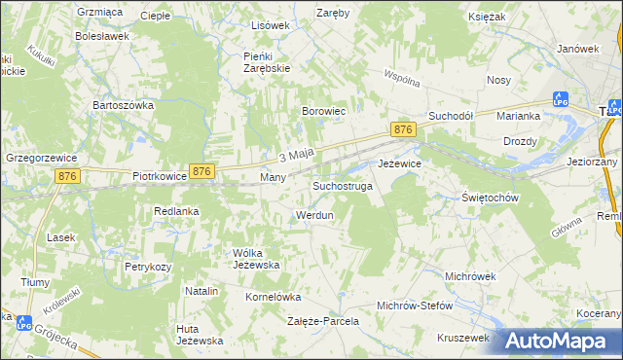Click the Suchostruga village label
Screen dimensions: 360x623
tap(342, 185)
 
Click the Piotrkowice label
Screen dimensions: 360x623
tap(159, 178)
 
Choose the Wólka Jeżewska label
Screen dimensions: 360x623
tap(256, 259)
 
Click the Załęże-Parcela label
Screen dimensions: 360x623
tap(323, 320)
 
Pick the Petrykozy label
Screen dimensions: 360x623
tap(147, 266)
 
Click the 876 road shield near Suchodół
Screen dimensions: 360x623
tap(404, 129)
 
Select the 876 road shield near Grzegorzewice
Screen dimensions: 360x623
tap(67, 175)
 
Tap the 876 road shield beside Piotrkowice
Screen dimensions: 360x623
tap(202, 171)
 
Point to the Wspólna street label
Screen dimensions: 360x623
tap(400, 75)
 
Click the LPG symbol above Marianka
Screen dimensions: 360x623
tap(560, 98)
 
